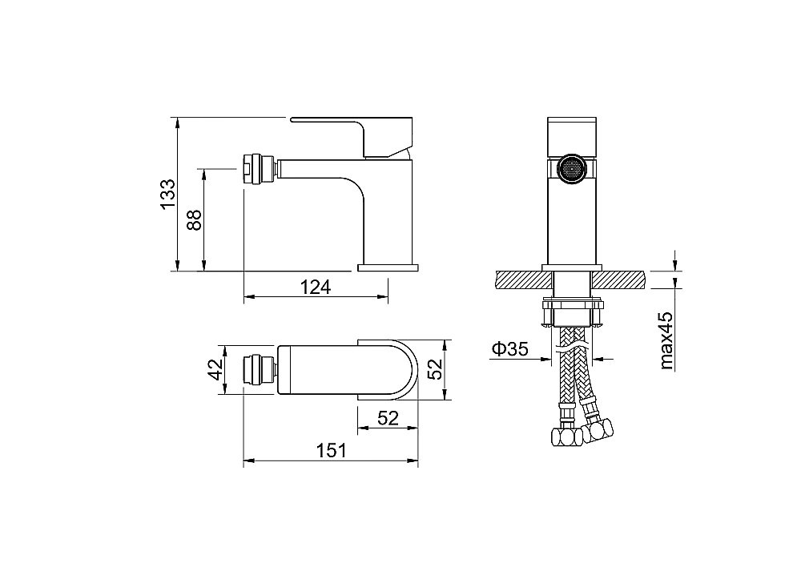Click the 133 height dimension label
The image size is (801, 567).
[167, 194]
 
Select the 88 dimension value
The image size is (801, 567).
[195, 219]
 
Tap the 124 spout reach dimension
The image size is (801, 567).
[315, 287]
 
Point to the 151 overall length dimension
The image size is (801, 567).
[331, 451]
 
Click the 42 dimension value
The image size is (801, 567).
[216, 369]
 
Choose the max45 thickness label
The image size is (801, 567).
[666, 340]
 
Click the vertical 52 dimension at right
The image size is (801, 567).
[435, 368]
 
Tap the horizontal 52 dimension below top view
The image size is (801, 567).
[388, 418]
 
